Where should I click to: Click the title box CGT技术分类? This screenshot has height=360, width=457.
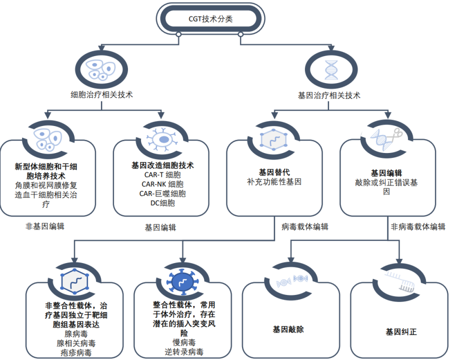(x=210, y=19)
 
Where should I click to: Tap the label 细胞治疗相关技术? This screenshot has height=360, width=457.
(x=102, y=94)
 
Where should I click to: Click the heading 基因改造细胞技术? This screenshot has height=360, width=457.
(x=161, y=165)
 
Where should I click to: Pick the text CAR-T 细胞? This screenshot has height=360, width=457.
(x=161, y=174)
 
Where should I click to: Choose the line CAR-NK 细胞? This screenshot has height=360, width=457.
(x=161, y=184)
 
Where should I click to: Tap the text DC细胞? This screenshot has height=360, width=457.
(x=161, y=203)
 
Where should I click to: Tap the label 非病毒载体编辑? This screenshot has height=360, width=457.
(x=418, y=226)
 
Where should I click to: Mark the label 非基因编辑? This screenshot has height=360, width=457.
(x=45, y=226)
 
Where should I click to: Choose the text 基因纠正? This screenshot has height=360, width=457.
(x=401, y=331)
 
